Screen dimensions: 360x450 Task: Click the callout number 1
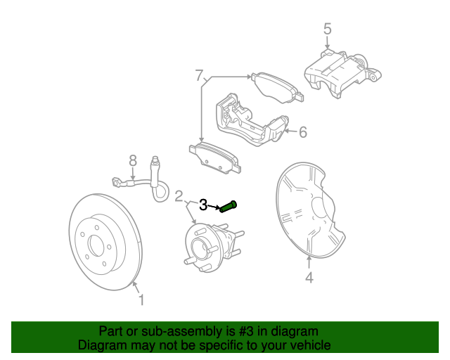pos(141,302)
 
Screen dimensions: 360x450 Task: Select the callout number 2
pos(179,195)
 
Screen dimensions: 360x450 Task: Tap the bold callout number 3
pos(203,205)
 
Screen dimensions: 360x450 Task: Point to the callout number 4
pos(309,278)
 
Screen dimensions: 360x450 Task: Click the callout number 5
pos(327,29)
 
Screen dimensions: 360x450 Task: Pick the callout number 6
pos(303,131)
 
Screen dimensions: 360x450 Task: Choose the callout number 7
pos(199,75)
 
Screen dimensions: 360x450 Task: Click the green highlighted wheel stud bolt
pos(229,207)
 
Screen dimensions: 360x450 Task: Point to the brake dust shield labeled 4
pos(306,211)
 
